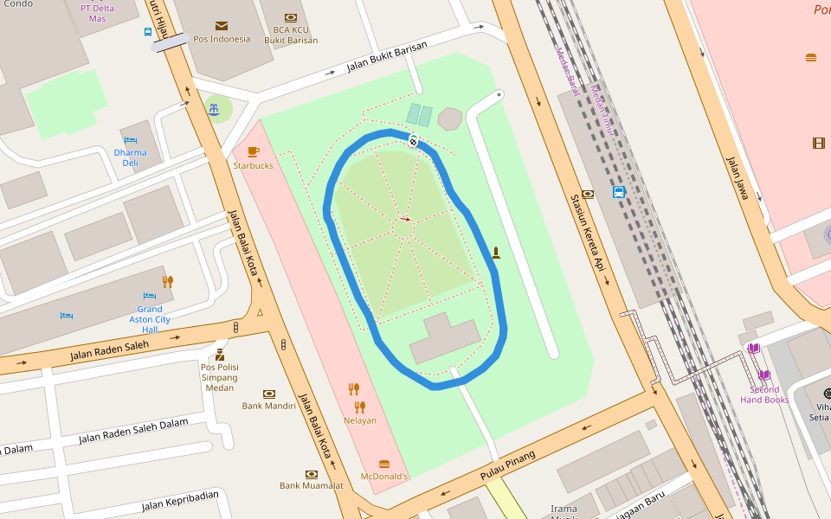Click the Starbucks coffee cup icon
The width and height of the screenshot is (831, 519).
[x=253, y=151]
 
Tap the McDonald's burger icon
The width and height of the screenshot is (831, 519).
[x=384, y=464]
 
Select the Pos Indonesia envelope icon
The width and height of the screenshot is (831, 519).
[x=222, y=26]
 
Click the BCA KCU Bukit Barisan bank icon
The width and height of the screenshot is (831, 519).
[x=290, y=16]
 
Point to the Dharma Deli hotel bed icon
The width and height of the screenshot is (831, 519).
[x=130, y=139]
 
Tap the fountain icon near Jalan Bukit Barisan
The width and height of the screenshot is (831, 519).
[x=213, y=108]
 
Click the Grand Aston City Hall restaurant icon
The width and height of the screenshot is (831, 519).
[x=167, y=281]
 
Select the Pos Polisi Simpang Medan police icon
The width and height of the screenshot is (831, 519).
[x=220, y=355]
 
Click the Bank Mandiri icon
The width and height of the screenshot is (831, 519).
[x=269, y=394]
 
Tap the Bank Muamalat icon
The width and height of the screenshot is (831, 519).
[x=311, y=474]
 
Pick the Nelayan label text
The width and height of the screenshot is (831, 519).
[x=359, y=420]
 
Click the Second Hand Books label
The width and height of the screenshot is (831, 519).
[x=764, y=394]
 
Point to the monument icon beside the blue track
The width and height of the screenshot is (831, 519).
[x=496, y=253]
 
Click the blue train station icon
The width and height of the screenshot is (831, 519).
[x=619, y=192]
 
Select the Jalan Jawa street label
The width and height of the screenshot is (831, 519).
[x=737, y=178]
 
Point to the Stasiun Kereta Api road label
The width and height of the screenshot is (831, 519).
[x=586, y=235]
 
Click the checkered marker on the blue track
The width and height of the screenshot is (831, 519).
[x=414, y=141]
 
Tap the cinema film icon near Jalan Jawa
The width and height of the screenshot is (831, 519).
[x=818, y=143]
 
